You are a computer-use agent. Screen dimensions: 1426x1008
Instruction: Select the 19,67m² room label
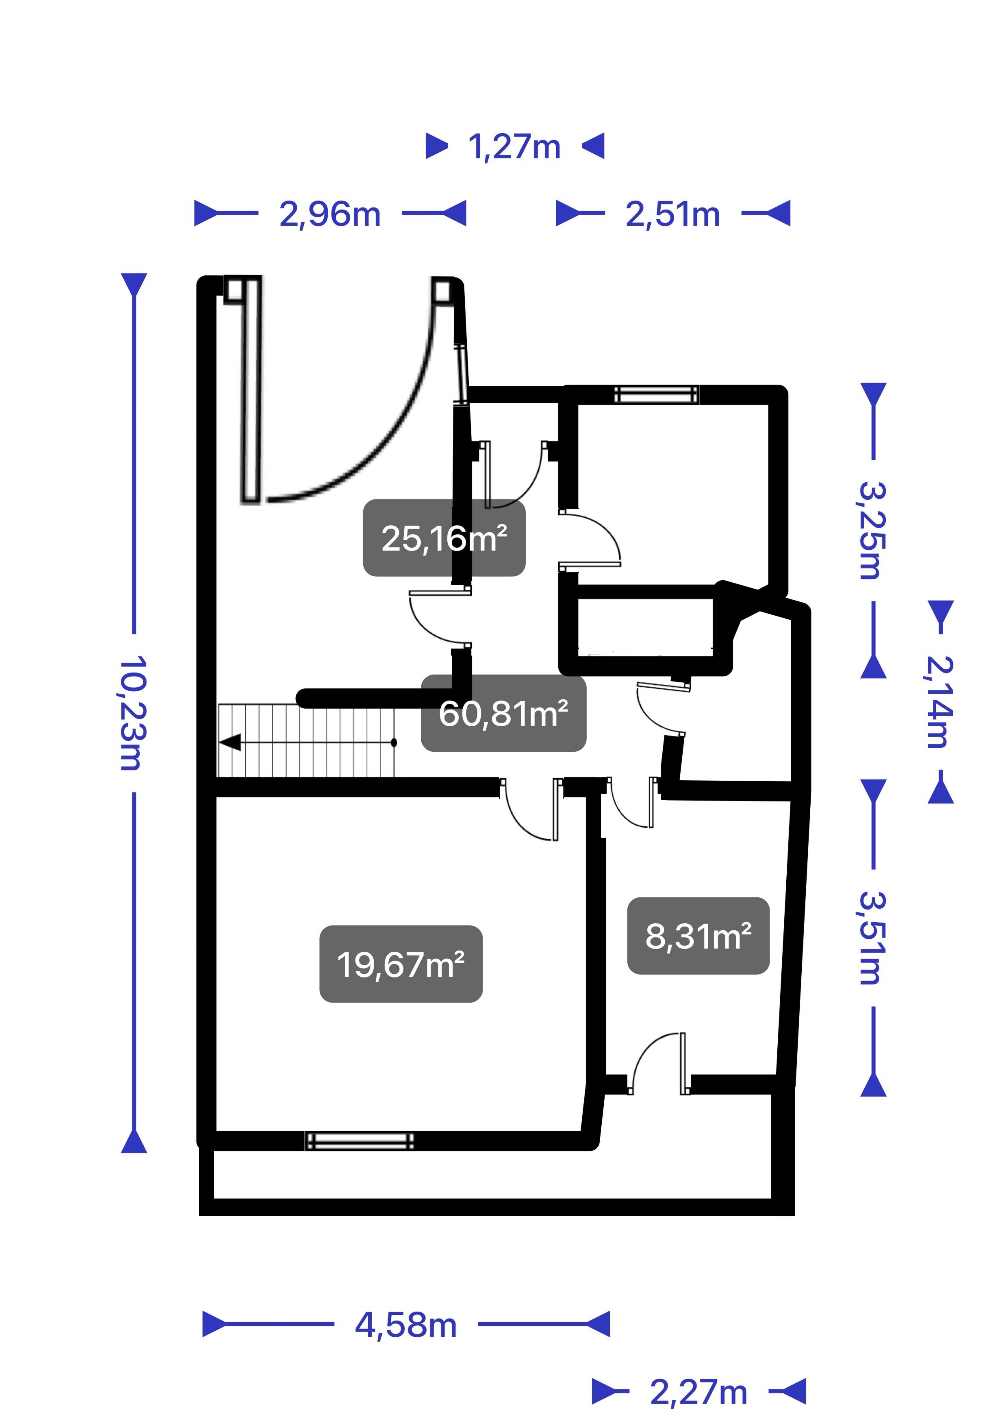pos(401,964)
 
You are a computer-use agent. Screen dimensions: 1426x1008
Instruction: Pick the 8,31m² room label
pos(698,935)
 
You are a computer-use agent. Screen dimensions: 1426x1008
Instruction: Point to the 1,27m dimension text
pos(514,147)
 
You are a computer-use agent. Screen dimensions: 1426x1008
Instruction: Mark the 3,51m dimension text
pos(873,938)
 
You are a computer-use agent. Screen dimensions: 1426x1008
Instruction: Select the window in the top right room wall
pos(655,394)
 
